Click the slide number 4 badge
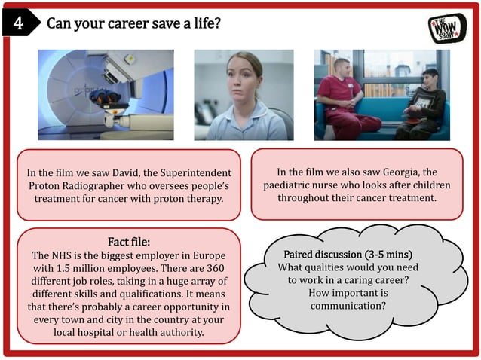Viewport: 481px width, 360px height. (17, 23)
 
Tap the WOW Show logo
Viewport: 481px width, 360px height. (447, 28)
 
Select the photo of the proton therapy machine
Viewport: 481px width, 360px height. (106, 94)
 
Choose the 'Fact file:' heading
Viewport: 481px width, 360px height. (129, 242)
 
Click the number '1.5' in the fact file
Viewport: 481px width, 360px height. (67, 269)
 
